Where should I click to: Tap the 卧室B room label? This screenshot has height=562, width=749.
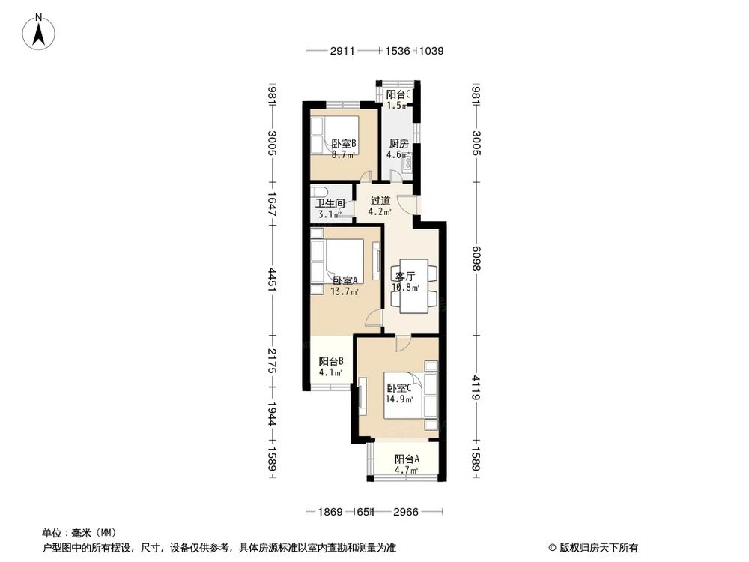[343, 145]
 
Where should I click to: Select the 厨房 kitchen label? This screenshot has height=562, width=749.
[398, 145]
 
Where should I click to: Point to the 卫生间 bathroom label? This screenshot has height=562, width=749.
[329, 203]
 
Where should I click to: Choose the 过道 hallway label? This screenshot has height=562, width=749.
[380, 201]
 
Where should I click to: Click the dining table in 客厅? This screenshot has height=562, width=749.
[413, 286]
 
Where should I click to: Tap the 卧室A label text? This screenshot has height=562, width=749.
[345, 281]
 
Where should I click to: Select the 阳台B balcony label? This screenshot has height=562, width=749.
[330, 360]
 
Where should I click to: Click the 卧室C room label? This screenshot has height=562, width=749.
[399, 388]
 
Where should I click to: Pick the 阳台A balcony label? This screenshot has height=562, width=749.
[407, 459]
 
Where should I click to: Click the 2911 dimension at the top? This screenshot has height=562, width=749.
[342, 51]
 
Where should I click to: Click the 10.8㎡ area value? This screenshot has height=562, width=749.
[405, 287]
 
